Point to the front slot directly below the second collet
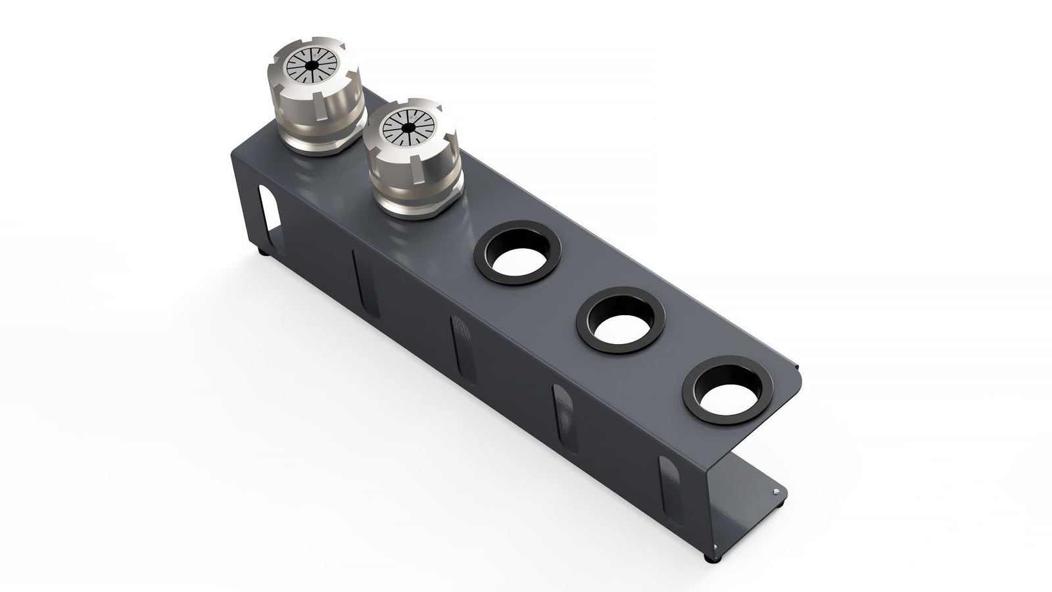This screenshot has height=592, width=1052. pos(360,275)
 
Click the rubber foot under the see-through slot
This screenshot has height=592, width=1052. pos(264,251)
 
